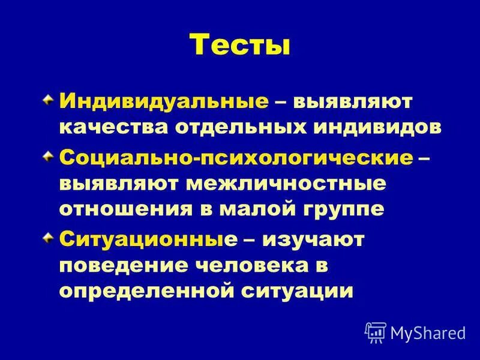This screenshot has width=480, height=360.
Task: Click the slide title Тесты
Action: pos(240,46)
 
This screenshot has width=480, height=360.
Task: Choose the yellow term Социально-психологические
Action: pos(236,158)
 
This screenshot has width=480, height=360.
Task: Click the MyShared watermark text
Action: pos(427,331)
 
